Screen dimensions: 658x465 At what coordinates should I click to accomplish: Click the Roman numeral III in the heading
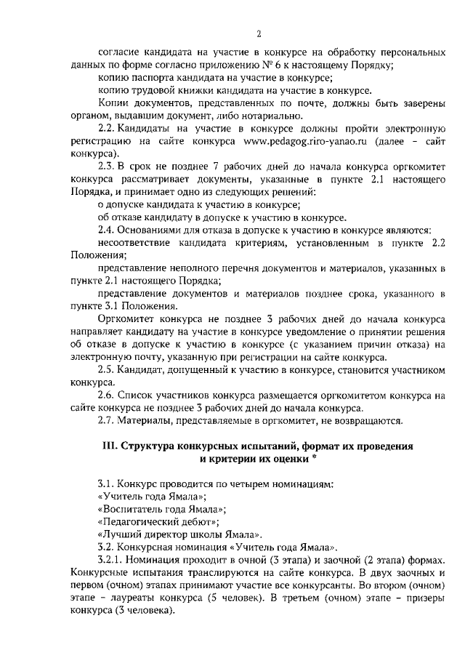click(x=108, y=446)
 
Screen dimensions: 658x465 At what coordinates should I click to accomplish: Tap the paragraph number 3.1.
click(x=107, y=484)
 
